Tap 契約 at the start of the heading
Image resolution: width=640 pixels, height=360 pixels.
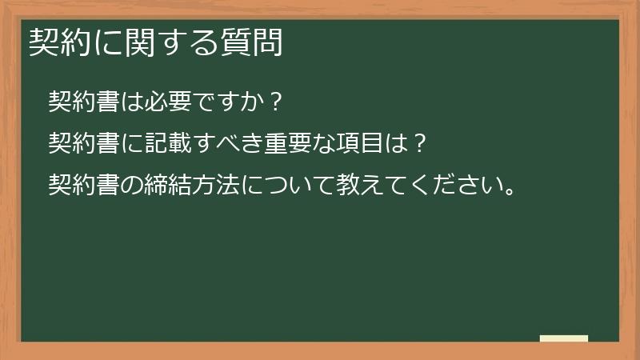point(54,42)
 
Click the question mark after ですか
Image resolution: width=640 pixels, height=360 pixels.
point(275,102)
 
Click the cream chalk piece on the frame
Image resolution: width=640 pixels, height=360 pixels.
point(563,339)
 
